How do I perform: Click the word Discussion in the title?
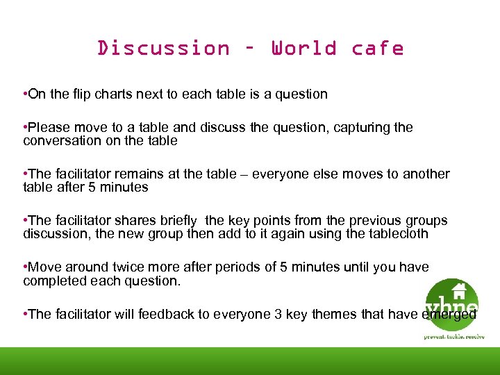[x=163, y=49]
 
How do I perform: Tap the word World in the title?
[x=303, y=49]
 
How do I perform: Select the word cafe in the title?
[x=377, y=49]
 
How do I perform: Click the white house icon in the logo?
[x=458, y=289]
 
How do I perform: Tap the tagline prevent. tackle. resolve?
[x=454, y=336]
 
